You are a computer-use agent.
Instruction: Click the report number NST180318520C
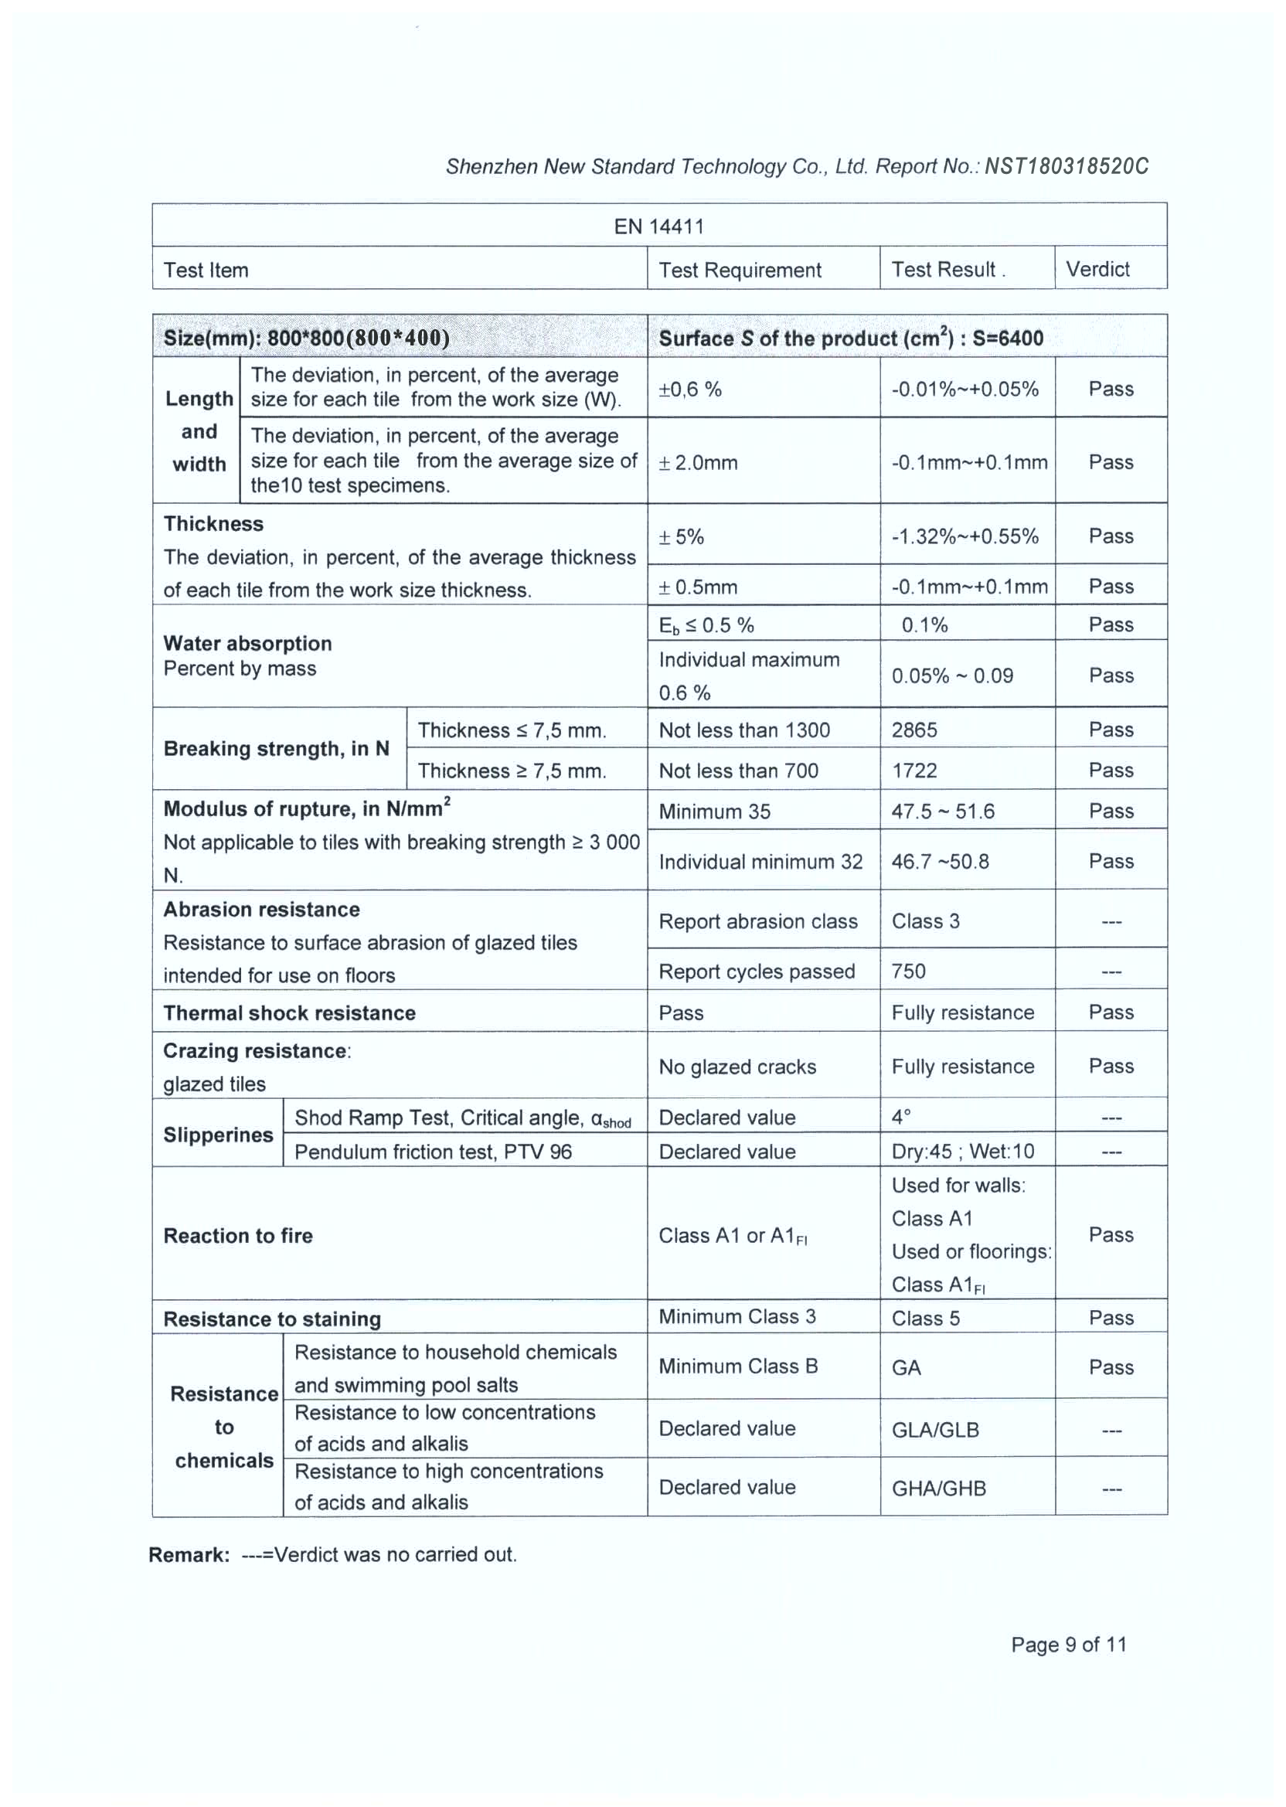[x=1066, y=166]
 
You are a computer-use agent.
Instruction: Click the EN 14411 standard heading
[x=658, y=226]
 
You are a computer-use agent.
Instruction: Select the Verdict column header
[x=1097, y=269]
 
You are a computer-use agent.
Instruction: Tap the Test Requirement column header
[x=740, y=270]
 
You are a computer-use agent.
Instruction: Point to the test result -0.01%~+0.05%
[x=964, y=389]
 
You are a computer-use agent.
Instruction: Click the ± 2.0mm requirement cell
[x=698, y=462]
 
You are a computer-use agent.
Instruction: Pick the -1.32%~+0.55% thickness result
[x=964, y=536]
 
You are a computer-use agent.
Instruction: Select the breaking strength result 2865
[x=913, y=730]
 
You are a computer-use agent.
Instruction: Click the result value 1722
[x=913, y=771]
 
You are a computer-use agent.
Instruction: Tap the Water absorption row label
[x=247, y=644]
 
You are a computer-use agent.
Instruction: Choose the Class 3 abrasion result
[x=925, y=921]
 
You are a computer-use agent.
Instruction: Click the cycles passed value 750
[x=908, y=971]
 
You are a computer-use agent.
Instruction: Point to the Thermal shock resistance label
[x=289, y=1012]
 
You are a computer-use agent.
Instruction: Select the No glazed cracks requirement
[x=737, y=1067]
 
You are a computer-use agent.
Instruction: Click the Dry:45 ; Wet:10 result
[x=962, y=1151]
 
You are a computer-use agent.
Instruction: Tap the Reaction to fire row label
[x=237, y=1235]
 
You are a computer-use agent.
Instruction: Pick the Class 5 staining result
[x=925, y=1318]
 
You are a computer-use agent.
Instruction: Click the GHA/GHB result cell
[x=938, y=1488]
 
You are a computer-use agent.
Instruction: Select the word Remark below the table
[x=189, y=1554]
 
